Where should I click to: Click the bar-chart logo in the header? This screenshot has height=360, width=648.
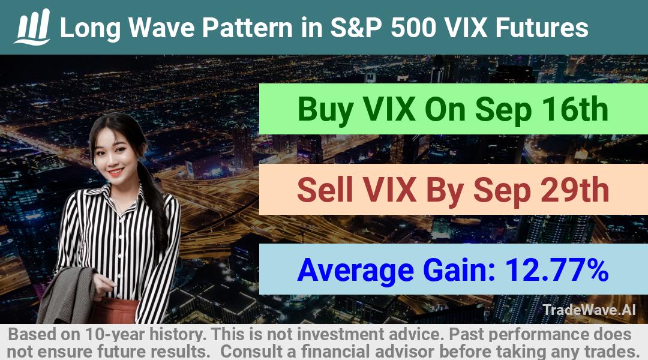[x=32, y=27]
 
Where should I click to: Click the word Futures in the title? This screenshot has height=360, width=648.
[x=542, y=28]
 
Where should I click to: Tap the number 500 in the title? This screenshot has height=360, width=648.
[x=414, y=28]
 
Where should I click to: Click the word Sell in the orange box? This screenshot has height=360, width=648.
[x=325, y=190]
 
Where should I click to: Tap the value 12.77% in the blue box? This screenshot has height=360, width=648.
[x=557, y=269]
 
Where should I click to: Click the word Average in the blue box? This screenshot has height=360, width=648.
[x=355, y=271]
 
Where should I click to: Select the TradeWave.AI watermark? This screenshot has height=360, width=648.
[x=589, y=310]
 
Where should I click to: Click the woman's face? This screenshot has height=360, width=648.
[x=112, y=155]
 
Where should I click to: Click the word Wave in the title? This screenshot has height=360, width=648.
[x=161, y=28]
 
